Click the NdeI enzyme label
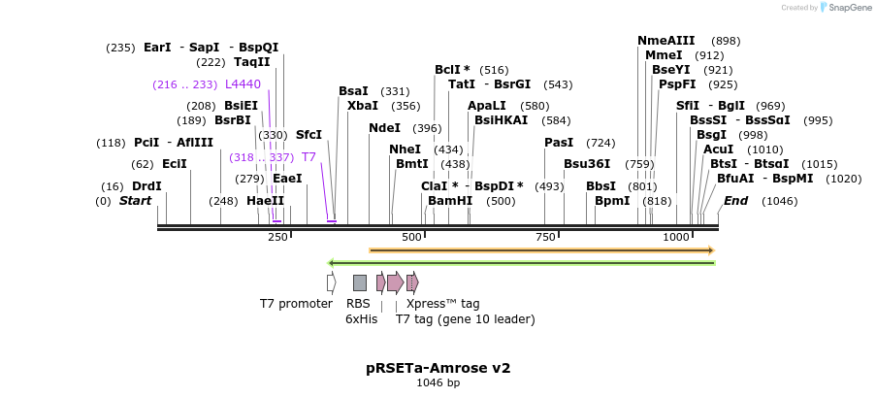click(x=384, y=128)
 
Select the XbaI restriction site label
click(x=363, y=106)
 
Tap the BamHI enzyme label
click(x=450, y=201)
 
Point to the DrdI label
click(x=146, y=186)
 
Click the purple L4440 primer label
click(x=243, y=84)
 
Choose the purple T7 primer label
click(x=308, y=156)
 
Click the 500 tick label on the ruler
click(x=411, y=237)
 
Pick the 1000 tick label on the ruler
click(x=676, y=237)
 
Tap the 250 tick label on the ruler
click(x=277, y=237)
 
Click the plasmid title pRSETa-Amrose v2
click(x=438, y=368)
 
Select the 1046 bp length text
click(x=438, y=383)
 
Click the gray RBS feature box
click(x=359, y=282)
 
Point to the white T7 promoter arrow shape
click(x=331, y=282)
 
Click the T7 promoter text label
click(x=296, y=304)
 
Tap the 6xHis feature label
click(x=361, y=318)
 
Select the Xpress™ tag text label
click(x=442, y=304)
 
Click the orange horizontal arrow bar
click(x=541, y=250)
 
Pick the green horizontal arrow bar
click(x=522, y=262)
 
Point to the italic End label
click(x=735, y=201)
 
